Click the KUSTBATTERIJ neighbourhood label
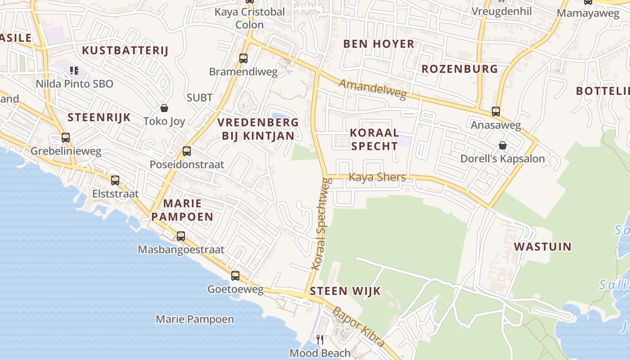click(x=125, y=50)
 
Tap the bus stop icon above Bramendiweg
click(x=243, y=58)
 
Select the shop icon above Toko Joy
click(x=164, y=108)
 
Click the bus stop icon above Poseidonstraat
click(x=187, y=151)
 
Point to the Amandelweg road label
click(x=372, y=89)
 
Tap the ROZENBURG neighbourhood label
click(x=459, y=69)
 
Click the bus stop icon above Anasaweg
click(x=496, y=112)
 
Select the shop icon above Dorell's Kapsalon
click(x=503, y=145)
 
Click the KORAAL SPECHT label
click(x=374, y=139)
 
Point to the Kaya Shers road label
click(x=377, y=177)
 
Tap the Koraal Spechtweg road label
click(x=321, y=224)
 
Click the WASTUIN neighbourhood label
click(x=543, y=247)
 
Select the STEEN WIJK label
click(x=345, y=291)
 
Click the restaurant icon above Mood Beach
click(x=320, y=339)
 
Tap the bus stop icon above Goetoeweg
click(x=235, y=276)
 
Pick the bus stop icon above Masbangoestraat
click(x=181, y=236)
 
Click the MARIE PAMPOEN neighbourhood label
click(x=182, y=210)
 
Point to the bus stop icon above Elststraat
click(x=115, y=180)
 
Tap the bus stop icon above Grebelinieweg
click(x=66, y=138)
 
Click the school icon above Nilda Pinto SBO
click(x=74, y=71)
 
